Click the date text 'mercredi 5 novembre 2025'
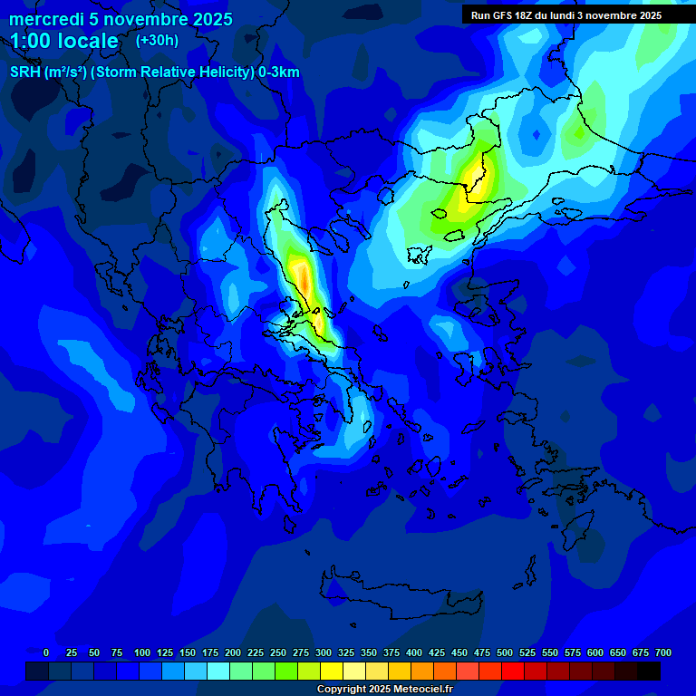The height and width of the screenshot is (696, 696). tap(121, 19)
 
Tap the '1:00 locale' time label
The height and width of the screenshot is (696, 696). tap(64, 41)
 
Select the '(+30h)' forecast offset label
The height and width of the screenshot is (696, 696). tap(157, 40)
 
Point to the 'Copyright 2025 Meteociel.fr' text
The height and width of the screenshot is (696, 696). tap(384, 689)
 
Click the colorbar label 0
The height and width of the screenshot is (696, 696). tap(46, 652)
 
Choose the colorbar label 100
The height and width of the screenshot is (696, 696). tap(141, 652)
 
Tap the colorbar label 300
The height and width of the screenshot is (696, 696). tap(324, 652)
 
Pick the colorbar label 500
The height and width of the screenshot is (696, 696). tap(505, 652)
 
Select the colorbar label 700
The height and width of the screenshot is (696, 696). tap(663, 652)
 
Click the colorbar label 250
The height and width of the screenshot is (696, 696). tap(278, 652)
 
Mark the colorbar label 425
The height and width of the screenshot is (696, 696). tap(437, 652)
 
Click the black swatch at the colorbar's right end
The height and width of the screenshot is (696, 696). tap(649, 671)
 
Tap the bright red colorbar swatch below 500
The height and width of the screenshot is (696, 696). tap(513, 671)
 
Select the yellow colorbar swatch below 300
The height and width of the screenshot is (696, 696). tap(332, 671)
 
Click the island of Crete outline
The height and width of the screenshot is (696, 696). tap(399, 598)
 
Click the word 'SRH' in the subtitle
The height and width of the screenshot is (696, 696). tap(24, 72)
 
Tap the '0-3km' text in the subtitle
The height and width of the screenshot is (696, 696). tap(279, 72)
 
